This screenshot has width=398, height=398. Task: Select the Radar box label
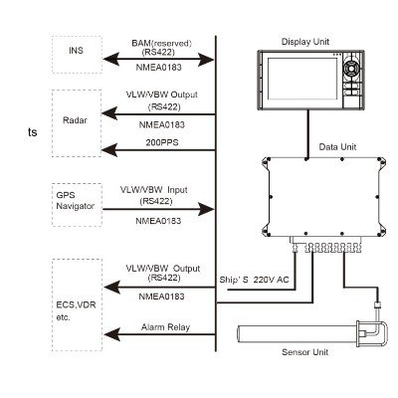[x=75, y=120]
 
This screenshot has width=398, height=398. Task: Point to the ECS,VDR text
[x=76, y=304]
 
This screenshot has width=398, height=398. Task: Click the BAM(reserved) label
[x=162, y=43]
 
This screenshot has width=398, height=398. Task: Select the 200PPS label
[x=162, y=142]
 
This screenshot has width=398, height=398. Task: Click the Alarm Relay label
[x=165, y=327]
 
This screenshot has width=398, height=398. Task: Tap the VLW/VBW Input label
[x=154, y=190]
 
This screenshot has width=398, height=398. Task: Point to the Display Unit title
[x=305, y=42]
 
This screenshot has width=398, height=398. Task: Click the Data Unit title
[x=337, y=146]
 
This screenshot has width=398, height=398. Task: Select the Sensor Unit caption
[x=304, y=352]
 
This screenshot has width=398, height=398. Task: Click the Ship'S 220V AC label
[x=254, y=280]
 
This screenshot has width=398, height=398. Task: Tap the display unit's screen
[x=302, y=79]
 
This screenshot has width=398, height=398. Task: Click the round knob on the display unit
[x=350, y=68]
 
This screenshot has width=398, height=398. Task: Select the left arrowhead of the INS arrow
[x=110, y=60]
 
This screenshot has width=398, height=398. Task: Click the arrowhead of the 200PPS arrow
[x=109, y=150]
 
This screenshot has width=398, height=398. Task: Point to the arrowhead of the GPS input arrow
[x=206, y=209]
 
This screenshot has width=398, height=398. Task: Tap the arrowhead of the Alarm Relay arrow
[x=111, y=334]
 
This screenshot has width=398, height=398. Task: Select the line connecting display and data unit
[x=308, y=134]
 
